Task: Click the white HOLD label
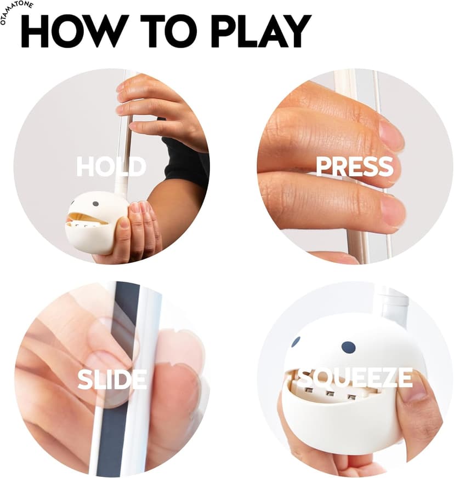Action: point(111,166)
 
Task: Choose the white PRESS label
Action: point(354,166)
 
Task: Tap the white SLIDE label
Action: point(112,379)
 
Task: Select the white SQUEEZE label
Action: point(355,378)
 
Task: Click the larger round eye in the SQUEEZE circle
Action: point(348,348)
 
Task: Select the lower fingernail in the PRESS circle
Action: point(393,210)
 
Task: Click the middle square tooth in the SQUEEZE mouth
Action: point(330,394)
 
